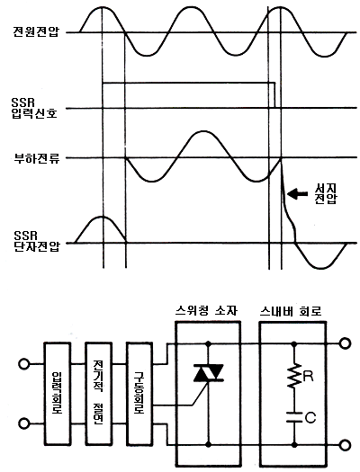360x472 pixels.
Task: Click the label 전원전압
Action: coord(37,31)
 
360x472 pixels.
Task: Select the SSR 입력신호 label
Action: coord(34,108)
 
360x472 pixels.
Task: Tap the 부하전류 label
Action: coord(37,158)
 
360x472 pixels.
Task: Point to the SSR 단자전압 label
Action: coord(37,242)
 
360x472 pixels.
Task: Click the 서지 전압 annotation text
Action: coord(326,194)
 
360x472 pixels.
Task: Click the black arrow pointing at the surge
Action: coord(298,193)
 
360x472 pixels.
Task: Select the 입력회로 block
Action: coord(58,393)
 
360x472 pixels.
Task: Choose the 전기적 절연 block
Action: coord(98,393)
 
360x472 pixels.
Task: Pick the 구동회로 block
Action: coord(139,393)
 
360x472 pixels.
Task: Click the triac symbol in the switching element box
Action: coord(208,373)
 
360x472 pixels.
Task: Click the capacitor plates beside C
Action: coord(294,417)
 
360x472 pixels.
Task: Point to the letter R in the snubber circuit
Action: coord(308,376)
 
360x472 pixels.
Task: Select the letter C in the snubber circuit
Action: coord(310,417)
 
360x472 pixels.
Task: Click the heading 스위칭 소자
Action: coord(206,311)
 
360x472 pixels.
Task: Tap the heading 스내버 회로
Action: coord(291,311)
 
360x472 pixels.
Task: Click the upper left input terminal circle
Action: coord(23,363)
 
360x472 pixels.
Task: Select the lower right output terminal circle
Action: coord(346,444)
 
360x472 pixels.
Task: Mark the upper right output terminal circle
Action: coord(346,343)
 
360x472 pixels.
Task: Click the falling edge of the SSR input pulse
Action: coord(274,94)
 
